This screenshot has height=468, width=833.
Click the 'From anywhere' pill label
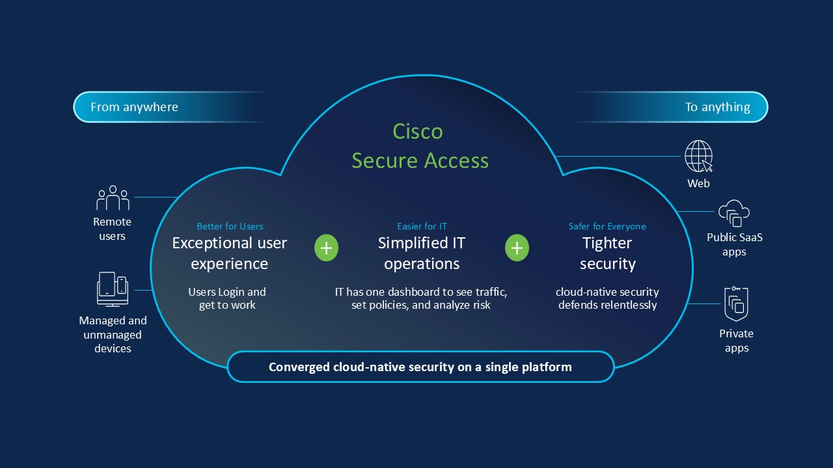point(134,107)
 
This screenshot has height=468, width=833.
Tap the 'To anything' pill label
point(717,107)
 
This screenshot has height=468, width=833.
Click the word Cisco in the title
point(418,132)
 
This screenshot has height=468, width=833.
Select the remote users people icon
point(113,198)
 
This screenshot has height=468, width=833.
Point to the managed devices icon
point(113,289)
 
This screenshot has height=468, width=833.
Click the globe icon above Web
point(698,157)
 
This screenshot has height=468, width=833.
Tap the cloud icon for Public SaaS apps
point(733,213)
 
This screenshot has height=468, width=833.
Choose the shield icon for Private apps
point(736,304)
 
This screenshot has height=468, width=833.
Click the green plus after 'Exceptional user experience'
point(326,248)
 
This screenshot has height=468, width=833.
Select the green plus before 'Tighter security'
point(517,248)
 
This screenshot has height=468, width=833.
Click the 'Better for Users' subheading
point(230,226)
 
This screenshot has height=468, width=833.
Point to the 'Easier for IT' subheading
point(422,226)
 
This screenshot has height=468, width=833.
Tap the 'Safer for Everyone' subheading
point(607,226)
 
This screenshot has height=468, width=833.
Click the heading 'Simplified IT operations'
point(422,253)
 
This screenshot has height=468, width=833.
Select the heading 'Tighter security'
point(607,253)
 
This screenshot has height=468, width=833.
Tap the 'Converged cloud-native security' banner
point(420,367)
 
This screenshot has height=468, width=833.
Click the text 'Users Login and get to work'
point(227,298)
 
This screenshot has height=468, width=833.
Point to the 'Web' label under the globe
point(698,183)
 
